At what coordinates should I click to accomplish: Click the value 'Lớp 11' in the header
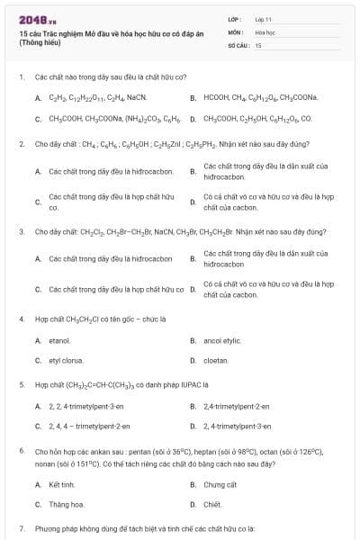[x=264, y=19]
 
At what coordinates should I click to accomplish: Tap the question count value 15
[x=258, y=44]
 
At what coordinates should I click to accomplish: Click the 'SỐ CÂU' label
[x=237, y=44]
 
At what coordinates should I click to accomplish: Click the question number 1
[x=21, y=77]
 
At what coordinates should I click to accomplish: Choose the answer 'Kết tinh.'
[x=62, y=484]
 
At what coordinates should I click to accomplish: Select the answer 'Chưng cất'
[x=220, y=484]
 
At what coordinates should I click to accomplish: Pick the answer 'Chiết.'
[x=213, y=504]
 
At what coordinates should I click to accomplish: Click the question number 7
[x=21, y=527]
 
